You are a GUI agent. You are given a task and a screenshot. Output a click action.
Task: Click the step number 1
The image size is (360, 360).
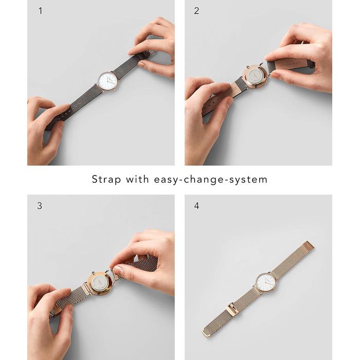(41, 11)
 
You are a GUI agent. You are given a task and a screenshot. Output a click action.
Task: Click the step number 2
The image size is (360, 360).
(196, 11)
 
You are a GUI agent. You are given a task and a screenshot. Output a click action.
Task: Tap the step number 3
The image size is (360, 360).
(40, 206)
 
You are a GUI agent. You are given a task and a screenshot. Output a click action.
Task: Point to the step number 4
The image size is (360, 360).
(196, 206)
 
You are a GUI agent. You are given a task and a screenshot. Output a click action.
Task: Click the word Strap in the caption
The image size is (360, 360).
(106, 179)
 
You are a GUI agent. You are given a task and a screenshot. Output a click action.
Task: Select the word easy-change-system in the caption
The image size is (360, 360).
(211, 179)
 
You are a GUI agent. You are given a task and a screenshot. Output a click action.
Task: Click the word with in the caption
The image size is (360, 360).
(137, 179)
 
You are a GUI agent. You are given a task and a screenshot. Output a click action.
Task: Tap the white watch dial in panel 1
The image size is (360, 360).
(107, 81)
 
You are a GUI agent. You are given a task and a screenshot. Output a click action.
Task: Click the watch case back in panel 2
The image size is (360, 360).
(255, 77)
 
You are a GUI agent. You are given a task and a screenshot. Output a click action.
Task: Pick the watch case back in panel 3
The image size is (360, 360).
(100, 283)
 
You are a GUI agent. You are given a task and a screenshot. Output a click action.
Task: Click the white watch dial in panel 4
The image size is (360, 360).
(266, 282)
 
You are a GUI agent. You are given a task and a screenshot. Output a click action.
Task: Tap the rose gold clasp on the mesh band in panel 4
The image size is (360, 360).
(232, 309)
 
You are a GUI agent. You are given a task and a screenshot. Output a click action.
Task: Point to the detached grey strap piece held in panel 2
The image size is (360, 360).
(291, 65)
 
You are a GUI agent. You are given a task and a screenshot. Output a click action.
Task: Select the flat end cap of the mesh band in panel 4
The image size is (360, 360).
(308, 245)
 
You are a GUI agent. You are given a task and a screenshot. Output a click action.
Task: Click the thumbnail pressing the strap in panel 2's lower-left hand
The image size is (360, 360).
(230, 101)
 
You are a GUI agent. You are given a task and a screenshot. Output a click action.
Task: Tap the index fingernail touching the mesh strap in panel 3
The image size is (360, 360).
(118, 269)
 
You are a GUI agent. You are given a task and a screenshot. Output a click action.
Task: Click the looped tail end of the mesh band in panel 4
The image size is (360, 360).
(208, 331)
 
